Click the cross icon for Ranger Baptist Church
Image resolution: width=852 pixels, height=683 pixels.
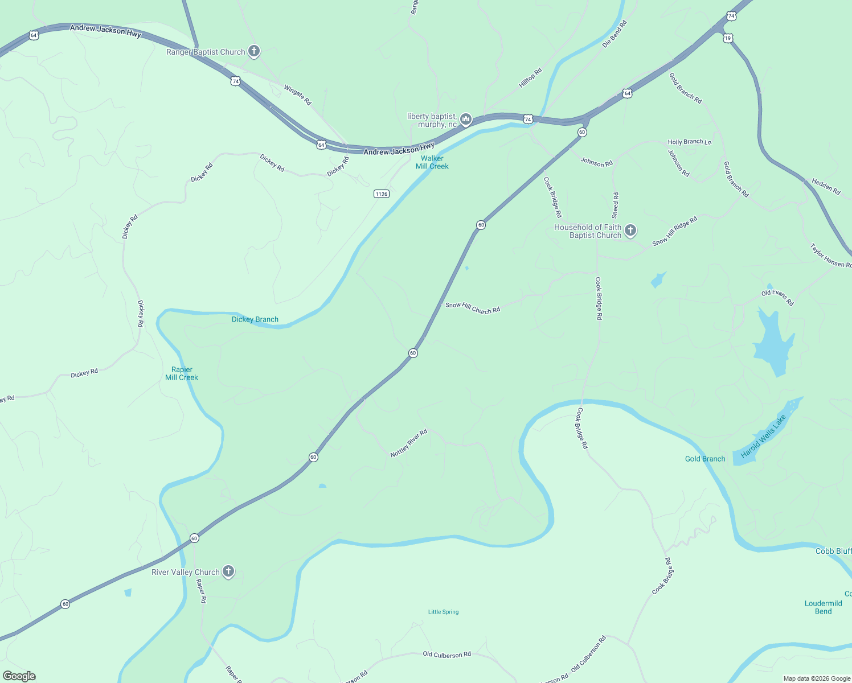254,51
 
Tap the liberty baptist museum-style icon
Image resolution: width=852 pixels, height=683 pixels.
466,119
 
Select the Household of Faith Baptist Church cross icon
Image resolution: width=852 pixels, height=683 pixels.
630,230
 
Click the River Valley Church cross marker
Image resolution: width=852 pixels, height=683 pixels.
228,571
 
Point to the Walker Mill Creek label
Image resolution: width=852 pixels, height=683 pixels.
432,162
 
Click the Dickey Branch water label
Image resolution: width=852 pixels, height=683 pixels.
255,319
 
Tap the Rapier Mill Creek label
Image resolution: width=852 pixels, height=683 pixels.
182,373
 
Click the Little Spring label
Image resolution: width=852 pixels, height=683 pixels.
443,612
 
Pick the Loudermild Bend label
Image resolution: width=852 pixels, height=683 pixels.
823,607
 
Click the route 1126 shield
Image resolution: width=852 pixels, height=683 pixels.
381,194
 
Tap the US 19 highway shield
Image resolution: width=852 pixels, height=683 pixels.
728,38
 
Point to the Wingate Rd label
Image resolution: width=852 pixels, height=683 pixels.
297,94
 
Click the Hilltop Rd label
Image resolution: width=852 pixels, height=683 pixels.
530,78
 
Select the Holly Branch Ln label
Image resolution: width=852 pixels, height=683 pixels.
689,142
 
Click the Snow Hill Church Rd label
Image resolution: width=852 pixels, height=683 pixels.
472,308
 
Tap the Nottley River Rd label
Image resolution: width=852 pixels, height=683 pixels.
408,443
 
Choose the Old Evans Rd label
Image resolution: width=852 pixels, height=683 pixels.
777,297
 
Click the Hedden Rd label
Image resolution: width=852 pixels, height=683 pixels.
826,186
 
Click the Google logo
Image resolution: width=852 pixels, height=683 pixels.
19,676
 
